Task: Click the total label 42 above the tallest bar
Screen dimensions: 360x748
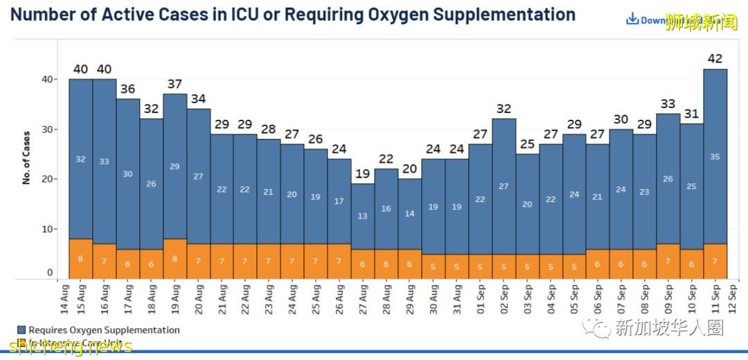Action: [x=715, y=59]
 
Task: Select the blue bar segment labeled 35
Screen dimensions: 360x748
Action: [x=715, y=156]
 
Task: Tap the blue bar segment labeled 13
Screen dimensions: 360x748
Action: [x=362, y=216]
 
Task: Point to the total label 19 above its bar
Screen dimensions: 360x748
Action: [x=362, y=174]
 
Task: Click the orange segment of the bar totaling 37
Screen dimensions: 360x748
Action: [x=175, y=258]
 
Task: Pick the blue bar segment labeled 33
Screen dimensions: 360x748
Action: [x=104, y=161]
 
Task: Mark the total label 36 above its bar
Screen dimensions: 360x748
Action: [x=127, y=89]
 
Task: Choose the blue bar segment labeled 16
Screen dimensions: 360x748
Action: [x=386, y=208]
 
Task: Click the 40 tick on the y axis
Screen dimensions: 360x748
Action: [x=47, y=79]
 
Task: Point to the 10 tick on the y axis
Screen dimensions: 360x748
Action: [x=47, y=229]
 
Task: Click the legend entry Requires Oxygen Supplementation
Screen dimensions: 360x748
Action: [x=104, y=330]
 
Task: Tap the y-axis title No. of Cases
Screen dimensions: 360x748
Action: [x=27, y=157]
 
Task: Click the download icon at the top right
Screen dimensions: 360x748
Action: [x=632, y=19]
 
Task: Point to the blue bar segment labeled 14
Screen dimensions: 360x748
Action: [x=409, y=213]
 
